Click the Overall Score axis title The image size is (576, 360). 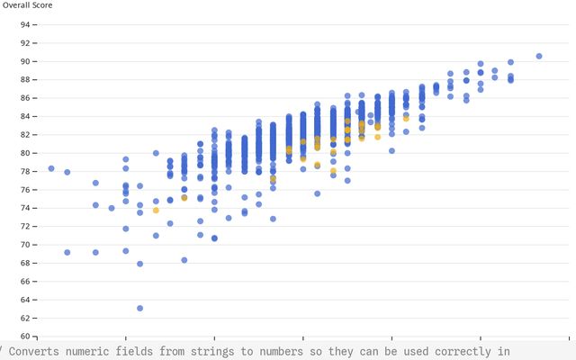coord(27,5)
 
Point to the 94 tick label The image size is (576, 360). coord(24,24)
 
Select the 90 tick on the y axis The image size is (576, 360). coord(24,61)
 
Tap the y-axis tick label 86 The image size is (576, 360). coord(24,98)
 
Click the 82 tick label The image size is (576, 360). coord(24,134)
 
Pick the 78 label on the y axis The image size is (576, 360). coord(24,171)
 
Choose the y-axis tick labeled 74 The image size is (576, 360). coord(24,208)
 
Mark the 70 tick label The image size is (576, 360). coord(24,245)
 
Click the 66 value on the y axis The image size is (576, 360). coord(24,282)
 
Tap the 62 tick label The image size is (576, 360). coord(24,318)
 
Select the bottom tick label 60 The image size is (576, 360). coord(24,337)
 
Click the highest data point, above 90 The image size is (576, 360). coord(539,56)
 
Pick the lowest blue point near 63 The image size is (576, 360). coord(139,309)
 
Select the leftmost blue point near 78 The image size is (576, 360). coord(51,168)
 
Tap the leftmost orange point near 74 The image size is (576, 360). coord(156,210)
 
